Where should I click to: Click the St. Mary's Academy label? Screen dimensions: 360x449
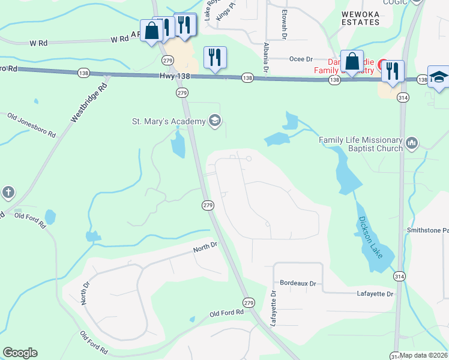[x=168, y=122]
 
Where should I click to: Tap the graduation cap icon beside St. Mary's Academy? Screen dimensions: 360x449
[x=214, y=122]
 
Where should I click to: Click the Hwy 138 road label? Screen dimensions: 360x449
[x=175, y=76]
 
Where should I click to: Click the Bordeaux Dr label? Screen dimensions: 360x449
[x=298, y=282]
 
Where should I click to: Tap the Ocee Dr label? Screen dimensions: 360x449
[x=301, y=59]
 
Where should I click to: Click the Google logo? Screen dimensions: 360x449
[x=20, y=353]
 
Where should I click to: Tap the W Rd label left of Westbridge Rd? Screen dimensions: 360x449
[x=38, y=43]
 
